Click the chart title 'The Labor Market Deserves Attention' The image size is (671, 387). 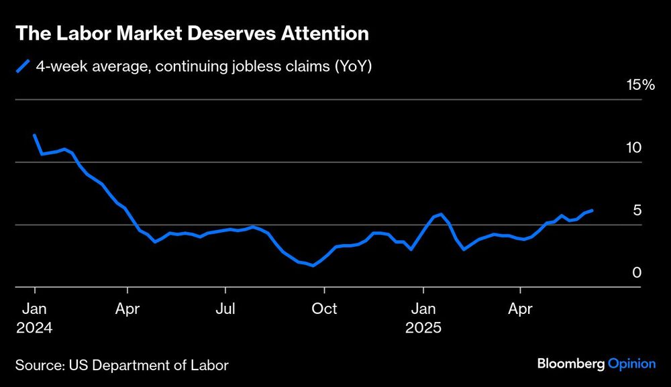point(191,33)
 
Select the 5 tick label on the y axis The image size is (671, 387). point(637,211)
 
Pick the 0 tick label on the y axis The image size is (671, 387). point(637,273)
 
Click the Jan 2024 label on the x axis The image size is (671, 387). point(34,319)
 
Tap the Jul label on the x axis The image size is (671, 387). point(225,309)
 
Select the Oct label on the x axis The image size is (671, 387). point(325,309)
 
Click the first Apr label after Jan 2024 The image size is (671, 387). point(127,309)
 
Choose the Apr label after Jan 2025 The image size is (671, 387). point(521,309)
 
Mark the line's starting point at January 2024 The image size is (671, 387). point(34,135)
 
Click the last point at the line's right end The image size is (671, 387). point(592,210)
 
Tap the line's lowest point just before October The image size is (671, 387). point(313,266)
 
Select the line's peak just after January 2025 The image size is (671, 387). point(440,214)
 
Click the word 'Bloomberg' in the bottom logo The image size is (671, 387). point(570,364)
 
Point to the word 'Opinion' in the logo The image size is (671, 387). point(631,364)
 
